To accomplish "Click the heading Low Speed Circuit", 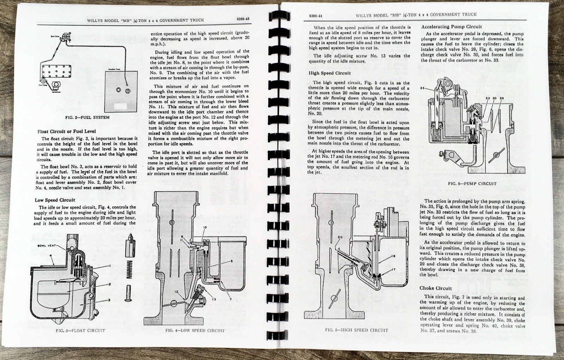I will pyautogui.click(x=55, y=200).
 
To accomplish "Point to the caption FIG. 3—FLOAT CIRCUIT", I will pyautogui.click(x=80, y=330).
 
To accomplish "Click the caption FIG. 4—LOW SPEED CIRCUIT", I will pyautogui.click(x=195, y=331).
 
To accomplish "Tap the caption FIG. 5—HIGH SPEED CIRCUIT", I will pyautogui.click(x=356, y=330).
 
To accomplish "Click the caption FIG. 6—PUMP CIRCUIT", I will pyautogui.click(x=472, y=184).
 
